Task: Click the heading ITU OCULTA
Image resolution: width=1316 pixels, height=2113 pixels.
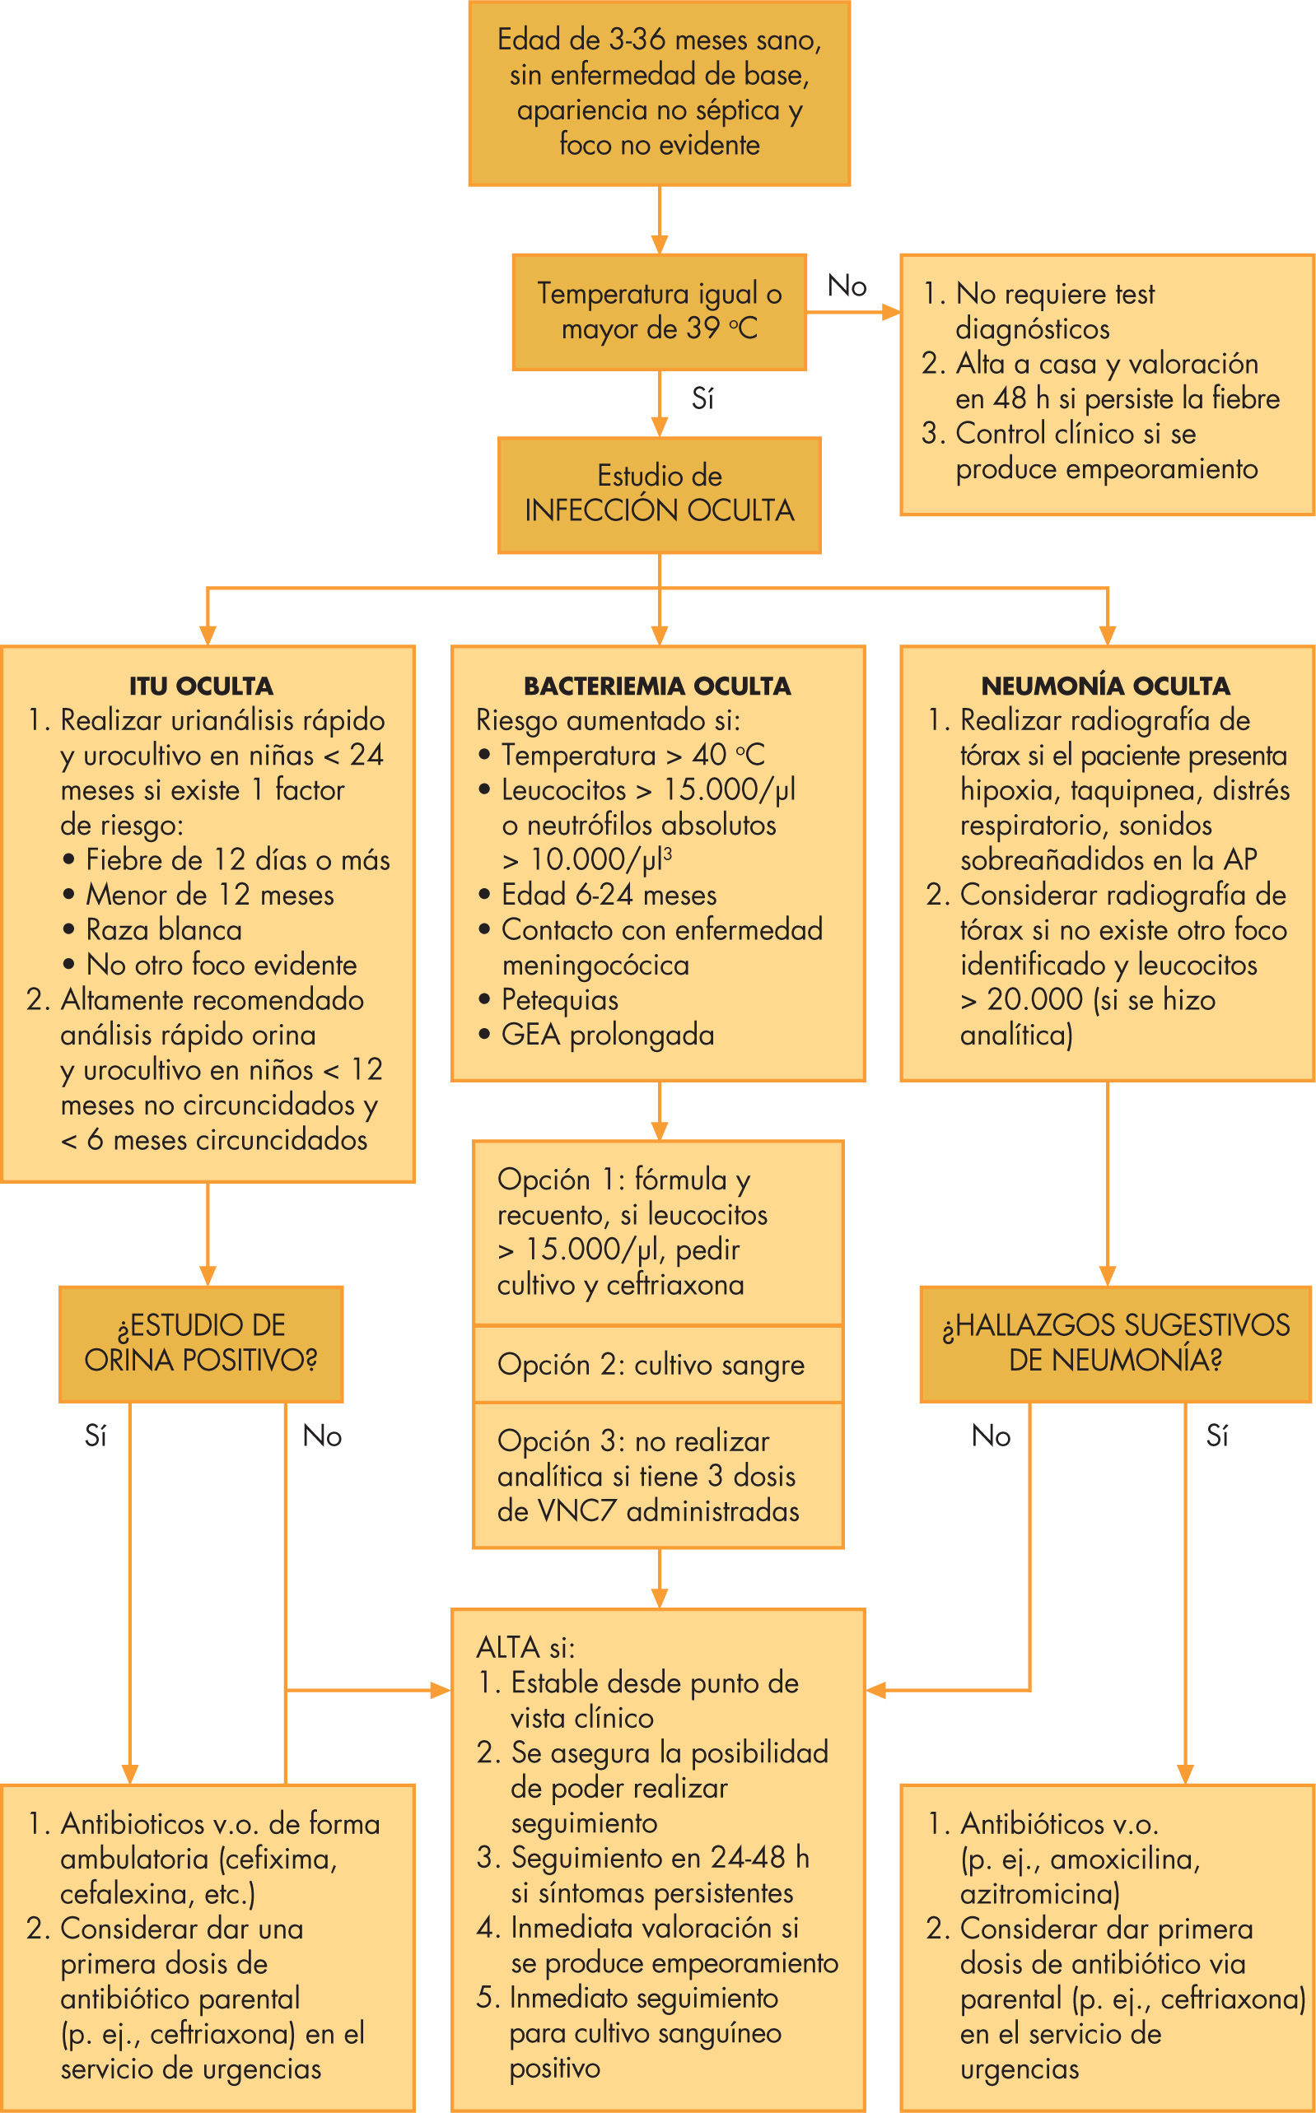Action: [x=201, y=686]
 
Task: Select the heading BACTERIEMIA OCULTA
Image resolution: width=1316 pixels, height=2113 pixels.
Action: [x=657, y=686]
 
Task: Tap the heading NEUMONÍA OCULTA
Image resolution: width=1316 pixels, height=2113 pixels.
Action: [x=1105, y=686]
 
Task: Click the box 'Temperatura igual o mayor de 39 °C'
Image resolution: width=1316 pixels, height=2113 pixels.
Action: [x=659, y=311]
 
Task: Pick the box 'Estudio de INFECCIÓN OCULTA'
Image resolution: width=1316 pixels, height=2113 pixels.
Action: [x=659, y=494]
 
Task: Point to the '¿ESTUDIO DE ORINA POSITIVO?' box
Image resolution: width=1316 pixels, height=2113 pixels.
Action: [x=200, y=1343]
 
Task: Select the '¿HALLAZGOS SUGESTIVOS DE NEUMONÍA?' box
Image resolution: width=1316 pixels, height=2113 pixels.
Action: [x=1116, y=1343]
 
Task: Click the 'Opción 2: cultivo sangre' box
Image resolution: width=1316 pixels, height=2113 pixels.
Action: [x=658, y=1364]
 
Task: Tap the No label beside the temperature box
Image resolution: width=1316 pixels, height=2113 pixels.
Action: [x=847, y=286]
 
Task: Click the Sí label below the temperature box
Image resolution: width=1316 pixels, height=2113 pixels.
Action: [x=702, y=399]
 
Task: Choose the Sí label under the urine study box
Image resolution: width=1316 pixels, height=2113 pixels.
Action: [x=96, y=1436]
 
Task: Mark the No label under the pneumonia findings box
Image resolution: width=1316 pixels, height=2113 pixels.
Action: [x=991, y=1436]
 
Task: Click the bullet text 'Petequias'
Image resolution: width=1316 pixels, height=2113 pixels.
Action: [x=559, y=1000]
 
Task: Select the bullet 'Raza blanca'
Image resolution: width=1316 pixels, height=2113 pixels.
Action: [x=164, y=930]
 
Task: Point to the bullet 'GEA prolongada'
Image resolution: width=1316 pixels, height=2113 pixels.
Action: [x=608, y=1036]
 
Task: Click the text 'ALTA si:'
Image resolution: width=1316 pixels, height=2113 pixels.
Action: [x=525, y=1647]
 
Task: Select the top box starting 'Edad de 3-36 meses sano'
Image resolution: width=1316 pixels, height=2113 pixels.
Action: [x=659, y=93]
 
